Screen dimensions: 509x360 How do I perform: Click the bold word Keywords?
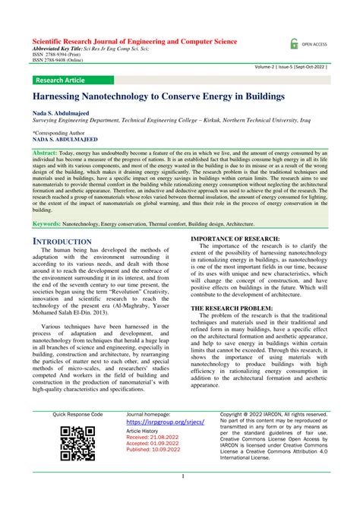[x=47, y=224]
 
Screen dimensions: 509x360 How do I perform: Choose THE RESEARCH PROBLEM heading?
[x=227, y=308]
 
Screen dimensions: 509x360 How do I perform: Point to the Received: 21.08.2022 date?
[x=152, y=438]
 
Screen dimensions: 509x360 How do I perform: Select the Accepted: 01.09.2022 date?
[x=152, y=444]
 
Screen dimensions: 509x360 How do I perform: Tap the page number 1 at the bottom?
[x=183, y=476]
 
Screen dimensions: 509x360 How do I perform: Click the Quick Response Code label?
[x=77, y=415]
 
